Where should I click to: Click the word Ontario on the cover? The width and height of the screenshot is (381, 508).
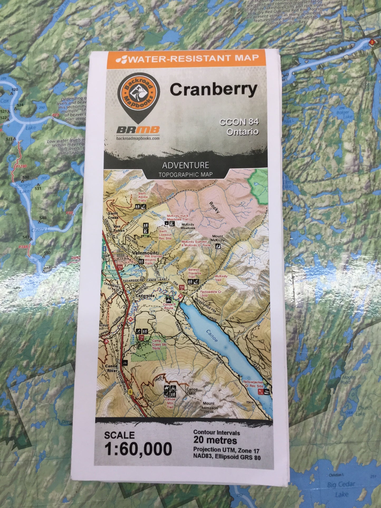pos(242,132)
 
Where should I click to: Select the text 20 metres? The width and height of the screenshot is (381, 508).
pos(215,440)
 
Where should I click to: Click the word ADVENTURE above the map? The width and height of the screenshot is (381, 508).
pos(186,166)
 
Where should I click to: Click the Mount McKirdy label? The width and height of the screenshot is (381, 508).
pos(218,238)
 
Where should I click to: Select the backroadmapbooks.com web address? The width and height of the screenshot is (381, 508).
pos(138,138)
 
